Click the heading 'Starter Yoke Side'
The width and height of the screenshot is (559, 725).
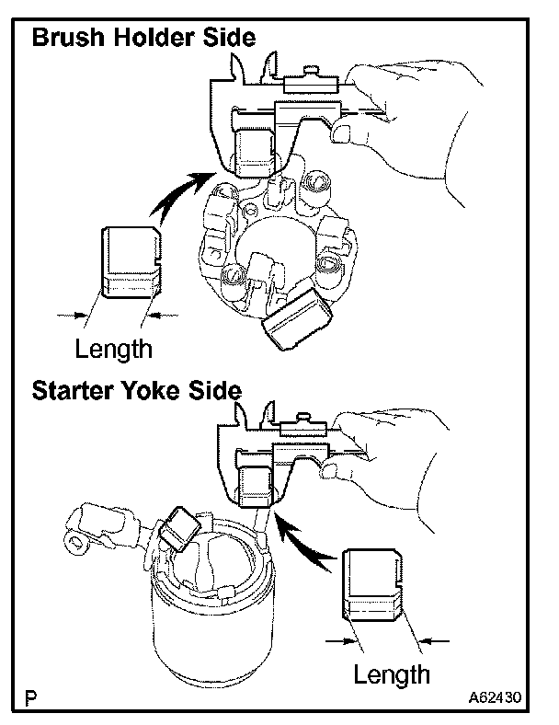tap(136, 389)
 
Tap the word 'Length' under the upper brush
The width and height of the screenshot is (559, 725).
tap(113, 349)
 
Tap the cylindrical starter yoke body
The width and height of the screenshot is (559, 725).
tap(211, 626)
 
